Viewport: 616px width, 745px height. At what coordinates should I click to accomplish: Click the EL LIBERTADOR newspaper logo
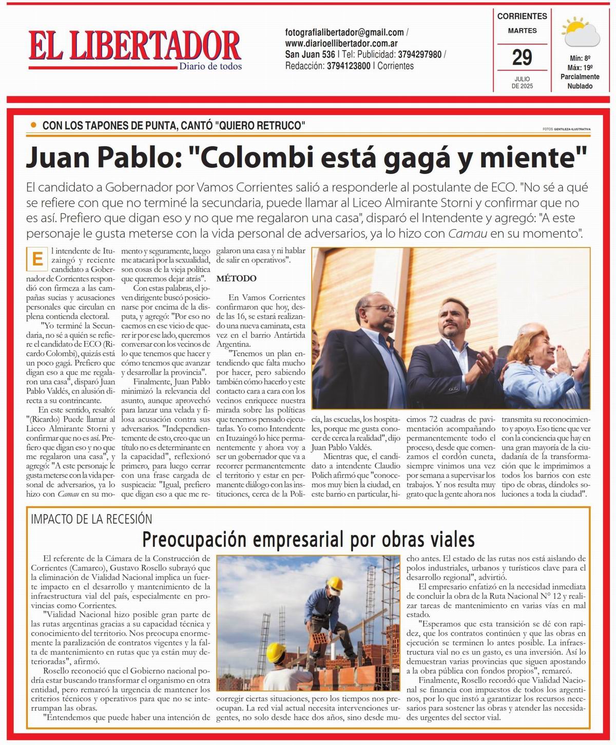pos(134,47)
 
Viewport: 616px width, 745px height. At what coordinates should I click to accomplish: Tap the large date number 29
pos(522,58)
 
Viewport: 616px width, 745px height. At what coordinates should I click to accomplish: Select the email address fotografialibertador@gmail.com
pos(344,32)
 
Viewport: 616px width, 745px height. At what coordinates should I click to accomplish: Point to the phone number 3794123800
pos(349,66)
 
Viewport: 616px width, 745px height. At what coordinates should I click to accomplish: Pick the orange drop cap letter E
pos(37,259)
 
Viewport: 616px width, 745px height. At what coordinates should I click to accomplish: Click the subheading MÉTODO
pos(236,278)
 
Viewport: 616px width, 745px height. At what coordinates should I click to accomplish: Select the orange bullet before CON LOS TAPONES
pos(34,125)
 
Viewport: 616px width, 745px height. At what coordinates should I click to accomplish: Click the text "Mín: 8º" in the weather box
pos(580,58)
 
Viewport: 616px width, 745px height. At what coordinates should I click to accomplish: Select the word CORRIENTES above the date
pos(522,16)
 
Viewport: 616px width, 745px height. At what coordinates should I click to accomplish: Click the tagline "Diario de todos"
pos(210,66)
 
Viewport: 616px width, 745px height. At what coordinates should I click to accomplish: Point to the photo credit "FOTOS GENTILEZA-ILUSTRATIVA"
pos(566,129)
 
